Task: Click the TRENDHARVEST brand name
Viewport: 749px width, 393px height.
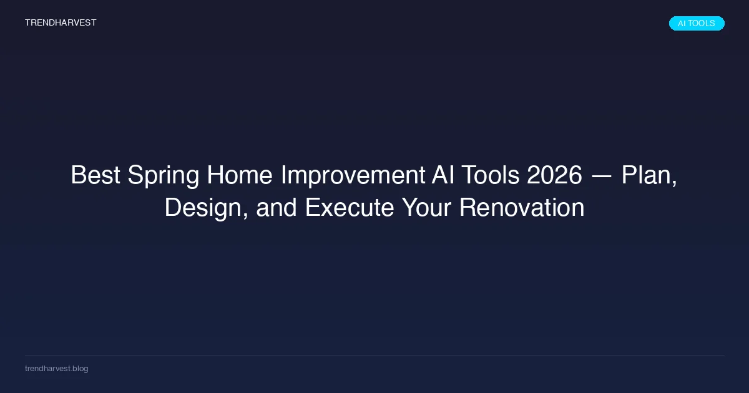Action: coord(61,22)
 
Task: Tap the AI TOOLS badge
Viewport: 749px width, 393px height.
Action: coord(697,24)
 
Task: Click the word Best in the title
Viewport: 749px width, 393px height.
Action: coord(95,175)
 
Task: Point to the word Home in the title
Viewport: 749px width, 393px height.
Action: coord(240,175)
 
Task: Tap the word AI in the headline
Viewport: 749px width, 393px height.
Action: coord(443,175)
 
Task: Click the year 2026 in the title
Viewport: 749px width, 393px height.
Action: coord(554,175)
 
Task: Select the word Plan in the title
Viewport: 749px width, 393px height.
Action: coord(647,175)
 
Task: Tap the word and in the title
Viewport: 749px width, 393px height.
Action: coord(277,207)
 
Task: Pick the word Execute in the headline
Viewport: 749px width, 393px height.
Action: coord(350,207)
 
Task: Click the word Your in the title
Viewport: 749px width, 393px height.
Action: coord(426,207)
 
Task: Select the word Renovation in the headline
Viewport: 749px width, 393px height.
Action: coord(522,207)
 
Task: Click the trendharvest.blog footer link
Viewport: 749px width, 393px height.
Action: coord(57,369)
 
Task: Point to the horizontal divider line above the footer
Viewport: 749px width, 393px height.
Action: coord(374,356)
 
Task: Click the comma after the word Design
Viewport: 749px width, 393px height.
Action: coord(245,216)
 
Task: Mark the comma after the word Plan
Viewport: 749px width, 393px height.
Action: coord(674,183)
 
